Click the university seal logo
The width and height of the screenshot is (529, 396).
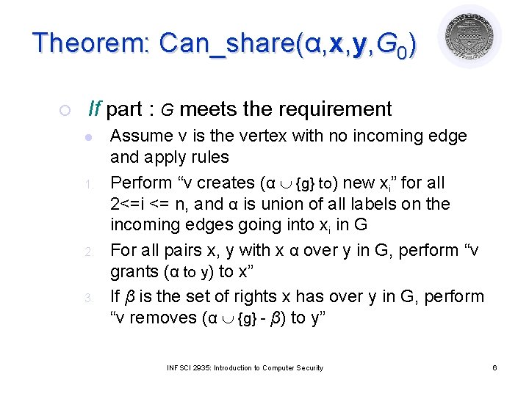click(x=469, y=37)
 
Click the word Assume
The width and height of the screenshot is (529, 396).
click(x=140, y=136)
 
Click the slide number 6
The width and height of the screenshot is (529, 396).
click(x=494, y=367)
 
